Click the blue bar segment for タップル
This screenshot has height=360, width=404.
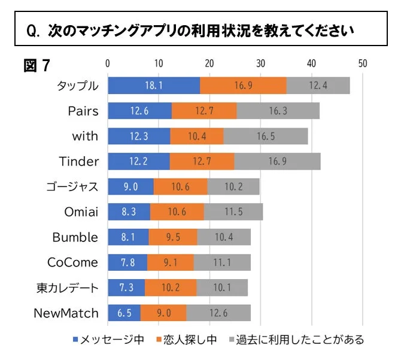[154, 86]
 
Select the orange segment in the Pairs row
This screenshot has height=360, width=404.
[204, 111]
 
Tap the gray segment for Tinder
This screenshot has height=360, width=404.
[278, 161]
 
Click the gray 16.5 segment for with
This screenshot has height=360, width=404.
[266, 136]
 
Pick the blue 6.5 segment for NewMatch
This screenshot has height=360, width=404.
[124, 313]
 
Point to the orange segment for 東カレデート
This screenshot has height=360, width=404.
[171, 288]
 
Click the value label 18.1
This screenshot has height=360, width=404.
[154, 86]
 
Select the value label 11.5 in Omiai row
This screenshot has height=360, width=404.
[233, 211]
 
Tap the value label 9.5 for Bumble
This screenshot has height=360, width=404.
[173, 237]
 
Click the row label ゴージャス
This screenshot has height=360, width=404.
[72, 186]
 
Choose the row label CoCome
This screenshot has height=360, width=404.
[72, 262]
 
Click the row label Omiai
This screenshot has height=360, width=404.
[81, 211]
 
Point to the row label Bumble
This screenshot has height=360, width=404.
[75, 237]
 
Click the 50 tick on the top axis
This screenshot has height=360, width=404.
[362, 63]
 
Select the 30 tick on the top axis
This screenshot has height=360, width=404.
[260, 63]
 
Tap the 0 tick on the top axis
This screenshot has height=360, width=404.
[108, 63]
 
